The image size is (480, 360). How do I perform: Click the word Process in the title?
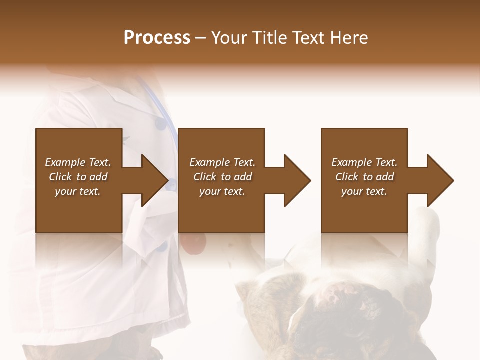157,38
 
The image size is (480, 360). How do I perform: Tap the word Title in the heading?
269,38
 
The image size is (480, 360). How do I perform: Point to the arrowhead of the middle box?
296,180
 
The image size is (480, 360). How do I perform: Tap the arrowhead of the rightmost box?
439,180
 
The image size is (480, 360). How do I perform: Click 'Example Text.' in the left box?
78,162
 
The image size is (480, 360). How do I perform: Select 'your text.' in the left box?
78,191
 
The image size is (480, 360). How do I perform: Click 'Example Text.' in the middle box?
222,162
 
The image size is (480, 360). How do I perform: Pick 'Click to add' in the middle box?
222,177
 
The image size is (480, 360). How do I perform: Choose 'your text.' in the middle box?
222,191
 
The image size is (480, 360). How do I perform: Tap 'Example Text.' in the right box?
364,162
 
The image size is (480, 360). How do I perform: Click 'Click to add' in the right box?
364,177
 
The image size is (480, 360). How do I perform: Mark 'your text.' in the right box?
364,191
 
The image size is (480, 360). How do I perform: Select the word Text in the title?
308,38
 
